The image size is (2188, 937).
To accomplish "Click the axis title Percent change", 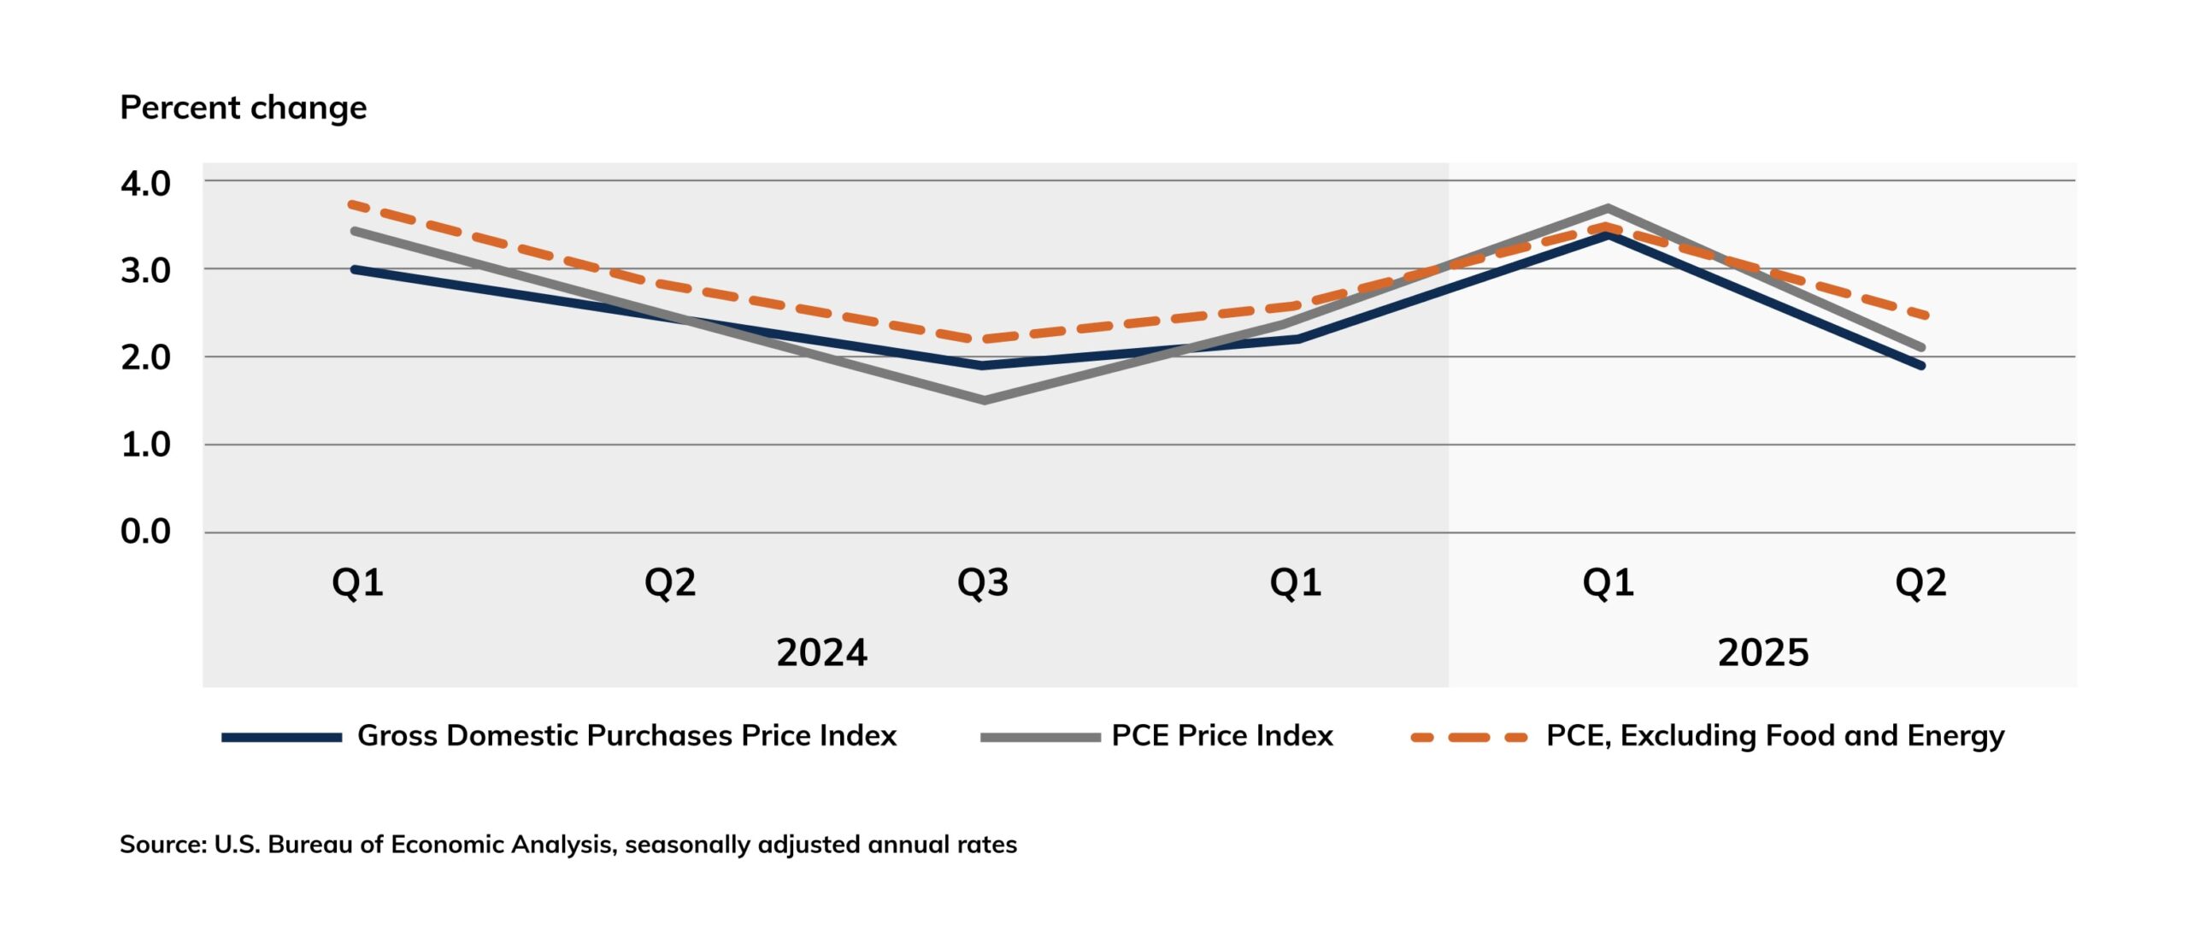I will [243, 108].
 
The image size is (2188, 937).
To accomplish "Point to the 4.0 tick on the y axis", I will [145, 184].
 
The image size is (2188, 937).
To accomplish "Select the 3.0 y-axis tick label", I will [145, 271].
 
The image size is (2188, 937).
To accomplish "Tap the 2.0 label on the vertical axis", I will [145, 357].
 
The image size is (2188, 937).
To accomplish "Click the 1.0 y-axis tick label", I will [145, 445].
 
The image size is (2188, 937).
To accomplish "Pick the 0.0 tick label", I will [145, 532].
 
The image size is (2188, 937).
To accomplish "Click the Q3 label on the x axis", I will [983, 583].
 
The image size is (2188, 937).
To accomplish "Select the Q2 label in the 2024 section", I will [670, 583].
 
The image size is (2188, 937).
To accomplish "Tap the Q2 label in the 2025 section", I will [1920, 583].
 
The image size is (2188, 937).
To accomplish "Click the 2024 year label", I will [821, 653].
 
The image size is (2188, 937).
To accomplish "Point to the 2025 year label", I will [1763, 653].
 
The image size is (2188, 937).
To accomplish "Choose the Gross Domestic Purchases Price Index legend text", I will [626, 736].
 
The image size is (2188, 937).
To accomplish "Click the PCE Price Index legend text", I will [1222, 736].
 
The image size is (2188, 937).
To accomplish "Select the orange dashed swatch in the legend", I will [1468, 737].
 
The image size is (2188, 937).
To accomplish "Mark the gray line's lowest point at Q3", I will [985, 400].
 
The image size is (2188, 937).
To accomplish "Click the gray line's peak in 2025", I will [1608, 208].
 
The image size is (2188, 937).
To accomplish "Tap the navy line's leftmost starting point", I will [355, 269].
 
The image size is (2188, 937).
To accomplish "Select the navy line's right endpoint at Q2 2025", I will [1921, 366].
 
